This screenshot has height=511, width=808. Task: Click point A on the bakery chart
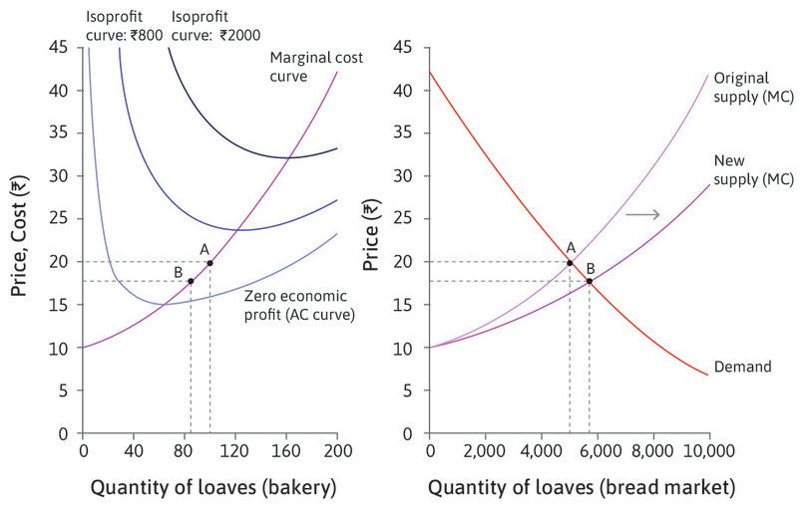(x=209, y=263)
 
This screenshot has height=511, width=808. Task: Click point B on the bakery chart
(x=191, y=281)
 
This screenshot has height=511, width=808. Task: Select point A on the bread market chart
(x=570, y=263)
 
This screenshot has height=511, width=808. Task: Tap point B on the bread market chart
(x=590, y=281)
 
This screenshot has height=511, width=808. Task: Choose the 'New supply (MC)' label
(x=754, y=168)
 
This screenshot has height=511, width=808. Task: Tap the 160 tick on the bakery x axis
(x=286, y=450)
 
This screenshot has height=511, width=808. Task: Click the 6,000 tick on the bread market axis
(x=598, y=450)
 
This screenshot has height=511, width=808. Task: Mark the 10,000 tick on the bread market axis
(x=709, y=450)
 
